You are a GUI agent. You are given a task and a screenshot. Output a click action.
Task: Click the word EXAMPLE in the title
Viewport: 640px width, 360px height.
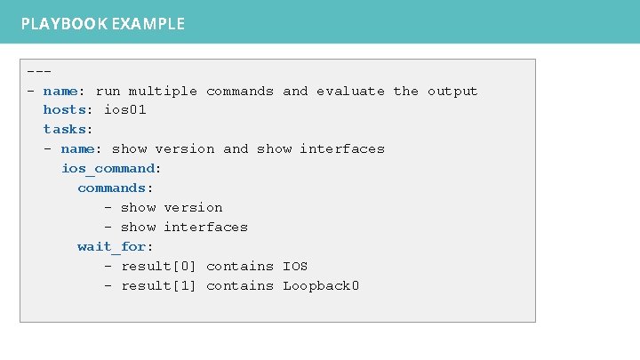[148, 24]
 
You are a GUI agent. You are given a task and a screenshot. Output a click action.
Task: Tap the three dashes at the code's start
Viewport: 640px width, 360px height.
[39, 71]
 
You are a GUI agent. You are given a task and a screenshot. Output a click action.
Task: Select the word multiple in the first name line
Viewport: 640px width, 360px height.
[164, 91]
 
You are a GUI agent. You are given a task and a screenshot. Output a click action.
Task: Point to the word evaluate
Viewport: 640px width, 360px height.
[350, 91]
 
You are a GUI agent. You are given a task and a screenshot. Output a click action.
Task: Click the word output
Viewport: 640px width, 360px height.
[452, 91]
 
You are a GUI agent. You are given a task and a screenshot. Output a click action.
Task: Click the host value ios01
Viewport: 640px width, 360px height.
[124, 110]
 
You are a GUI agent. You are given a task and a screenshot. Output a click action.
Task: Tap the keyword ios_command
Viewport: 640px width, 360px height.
[107, 168]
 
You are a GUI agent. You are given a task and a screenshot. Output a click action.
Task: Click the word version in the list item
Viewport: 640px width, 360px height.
[193, 207]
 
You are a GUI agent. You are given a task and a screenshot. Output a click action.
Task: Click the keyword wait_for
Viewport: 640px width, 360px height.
[111, 246]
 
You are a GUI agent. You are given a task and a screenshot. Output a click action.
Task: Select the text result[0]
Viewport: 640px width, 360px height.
[159, 266]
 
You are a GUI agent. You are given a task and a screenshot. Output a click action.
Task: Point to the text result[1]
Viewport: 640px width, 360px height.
[159, 285]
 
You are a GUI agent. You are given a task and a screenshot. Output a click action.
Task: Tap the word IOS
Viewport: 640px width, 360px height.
[295, 266]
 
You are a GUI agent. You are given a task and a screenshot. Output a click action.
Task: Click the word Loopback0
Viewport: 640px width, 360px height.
[321, 285]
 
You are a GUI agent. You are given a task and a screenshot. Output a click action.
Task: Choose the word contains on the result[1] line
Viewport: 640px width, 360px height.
[240, 285]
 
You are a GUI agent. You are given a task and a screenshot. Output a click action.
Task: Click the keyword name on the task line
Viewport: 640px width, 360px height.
[77, 149]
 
